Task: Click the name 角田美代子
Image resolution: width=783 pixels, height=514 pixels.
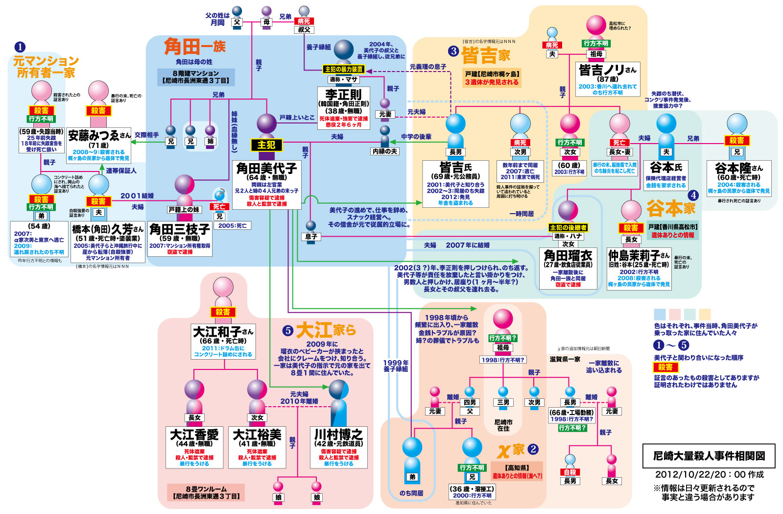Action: click(266, 169)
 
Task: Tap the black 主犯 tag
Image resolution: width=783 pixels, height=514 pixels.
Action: click(266, 145)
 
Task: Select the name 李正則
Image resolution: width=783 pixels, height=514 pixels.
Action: click(343, 94)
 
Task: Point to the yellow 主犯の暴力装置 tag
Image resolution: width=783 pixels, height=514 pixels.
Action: click(344, 70)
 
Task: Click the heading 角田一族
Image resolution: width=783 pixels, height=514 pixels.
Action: click(194, 47)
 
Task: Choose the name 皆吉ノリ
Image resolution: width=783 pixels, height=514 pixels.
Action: click(602, 70)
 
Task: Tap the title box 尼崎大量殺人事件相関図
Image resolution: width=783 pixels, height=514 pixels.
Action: click(709, 456)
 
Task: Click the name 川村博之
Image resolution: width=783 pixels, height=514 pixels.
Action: click(338, 435)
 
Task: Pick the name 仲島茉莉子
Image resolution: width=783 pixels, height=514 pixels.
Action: click(634, 256)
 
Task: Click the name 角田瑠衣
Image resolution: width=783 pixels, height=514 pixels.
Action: click(568, 255)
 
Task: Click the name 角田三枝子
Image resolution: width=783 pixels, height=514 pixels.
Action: click(180, 229)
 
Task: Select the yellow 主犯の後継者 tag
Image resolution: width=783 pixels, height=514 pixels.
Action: click(568, 228)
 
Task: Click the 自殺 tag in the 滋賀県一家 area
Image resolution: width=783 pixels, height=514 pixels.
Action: click(570, 472)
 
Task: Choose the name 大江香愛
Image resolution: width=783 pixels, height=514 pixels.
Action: click(194, 435)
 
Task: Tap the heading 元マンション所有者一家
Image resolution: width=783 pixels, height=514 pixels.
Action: click(46, 67)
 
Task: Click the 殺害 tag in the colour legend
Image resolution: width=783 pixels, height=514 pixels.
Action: click(665, 367)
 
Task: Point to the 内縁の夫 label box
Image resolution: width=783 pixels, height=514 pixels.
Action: click(385, 151)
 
